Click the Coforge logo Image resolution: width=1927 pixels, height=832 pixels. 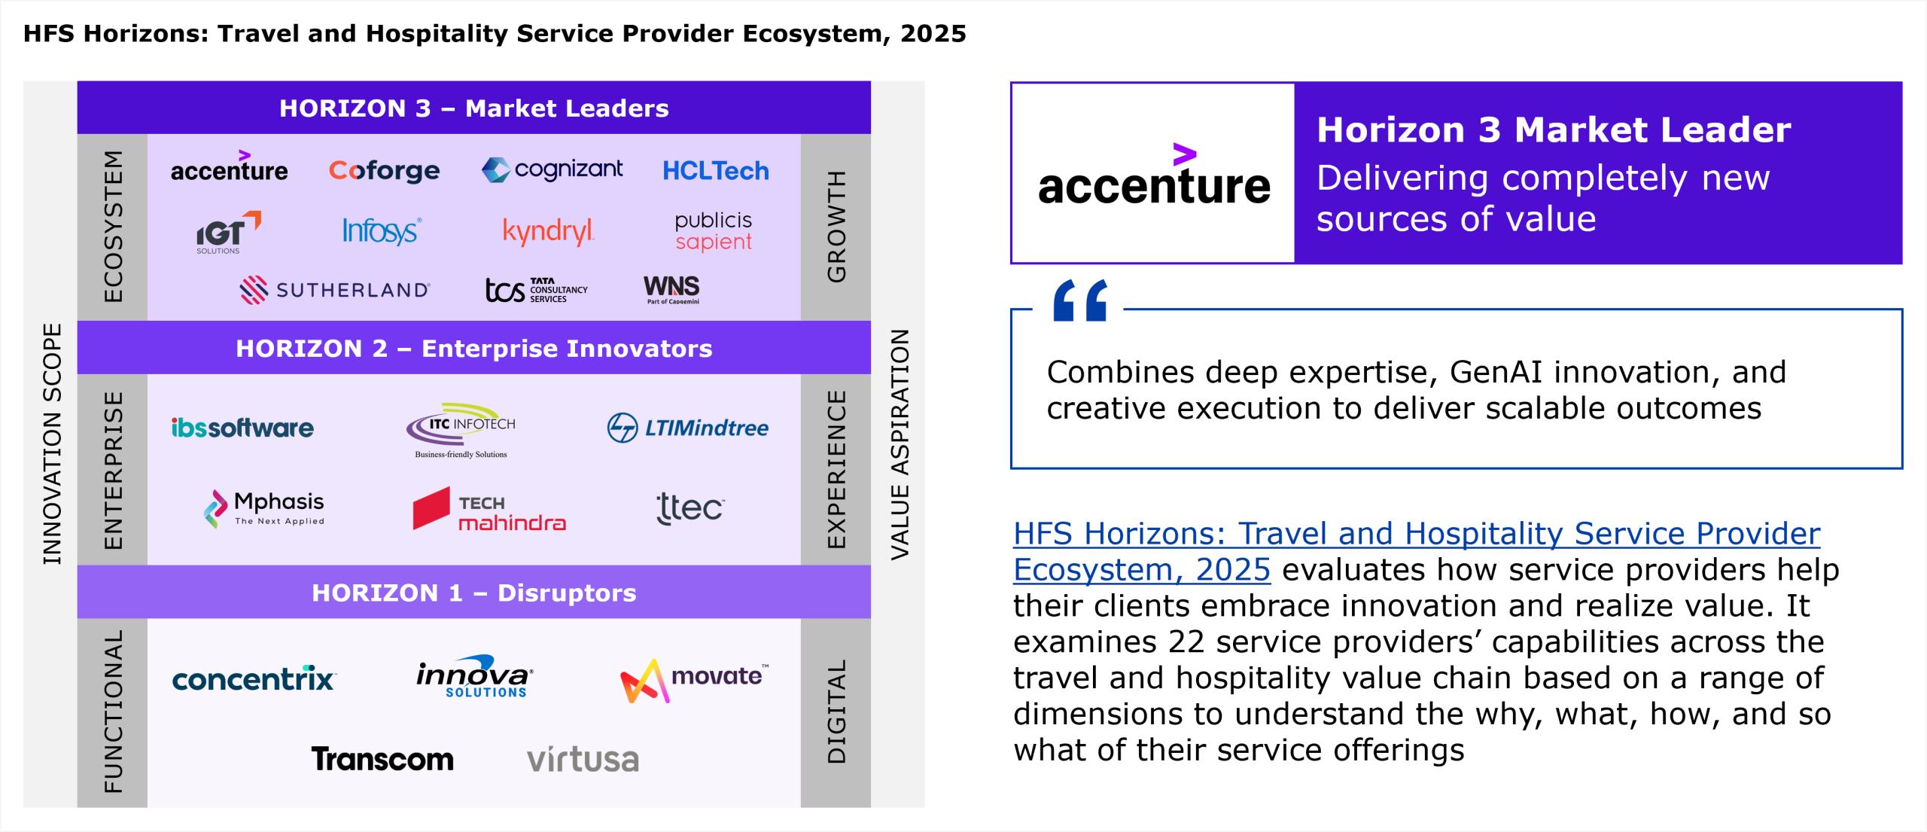click(384, 171)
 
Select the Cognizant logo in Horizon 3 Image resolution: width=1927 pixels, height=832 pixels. click(552, 169)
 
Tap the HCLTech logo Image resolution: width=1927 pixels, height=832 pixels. click(715, 171)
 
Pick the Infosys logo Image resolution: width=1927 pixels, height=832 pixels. click(382, 231)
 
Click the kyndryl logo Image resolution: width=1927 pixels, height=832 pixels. click(548, 232)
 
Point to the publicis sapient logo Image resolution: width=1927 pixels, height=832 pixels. click(713, 231)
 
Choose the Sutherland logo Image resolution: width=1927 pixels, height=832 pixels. click(335, 290)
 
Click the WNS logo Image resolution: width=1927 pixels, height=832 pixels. click(671, 289)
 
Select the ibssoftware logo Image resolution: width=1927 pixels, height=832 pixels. click(242, 428)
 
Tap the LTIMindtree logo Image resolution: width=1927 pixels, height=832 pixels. click(687, 428)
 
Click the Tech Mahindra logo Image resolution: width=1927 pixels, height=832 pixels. click(489, 510)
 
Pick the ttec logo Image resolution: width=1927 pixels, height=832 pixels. click(690, 508)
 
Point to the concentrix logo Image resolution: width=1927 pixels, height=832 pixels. click(254, 678)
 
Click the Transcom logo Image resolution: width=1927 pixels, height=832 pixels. click(382, 759)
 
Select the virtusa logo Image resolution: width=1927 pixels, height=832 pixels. click(583, 760)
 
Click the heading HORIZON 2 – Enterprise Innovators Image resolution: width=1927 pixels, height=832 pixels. click(474, 349)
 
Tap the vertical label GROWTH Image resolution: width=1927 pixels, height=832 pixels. click(836, 227)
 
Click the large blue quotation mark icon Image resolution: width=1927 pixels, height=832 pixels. click(1080, 300)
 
